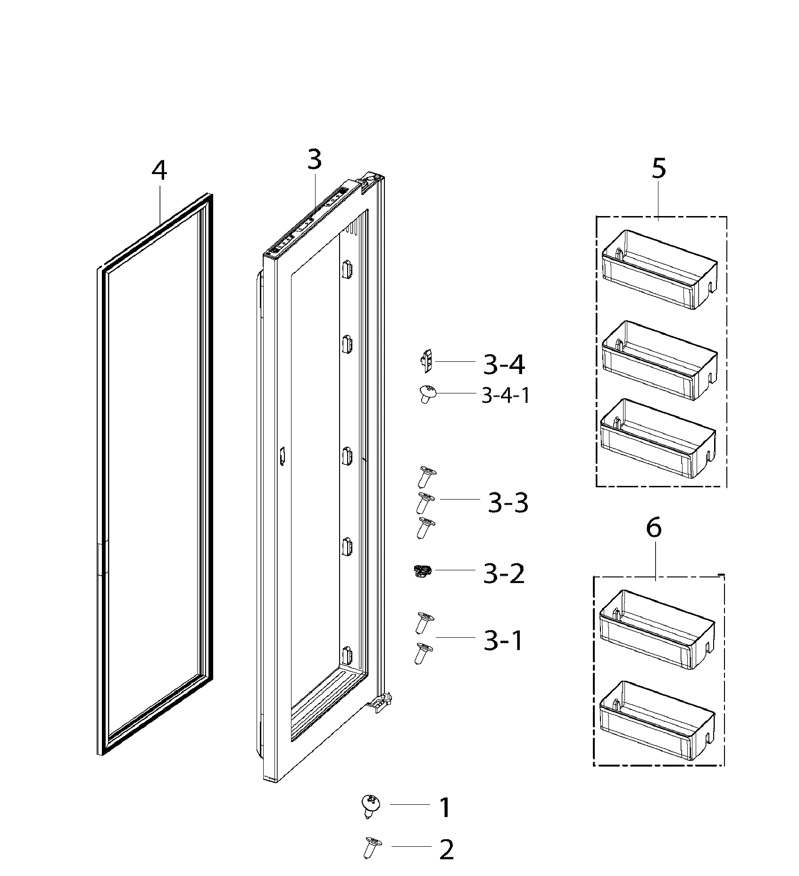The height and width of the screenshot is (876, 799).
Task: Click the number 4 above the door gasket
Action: pyautogui.click(x=159, y=171)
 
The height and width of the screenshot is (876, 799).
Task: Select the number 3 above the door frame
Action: pyautogui.click(x=315, y=159)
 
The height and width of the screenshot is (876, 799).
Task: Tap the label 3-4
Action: pyautogui.click(x=504, y=365)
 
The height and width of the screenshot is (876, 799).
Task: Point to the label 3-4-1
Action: pyautogui.click(x=505, y=395)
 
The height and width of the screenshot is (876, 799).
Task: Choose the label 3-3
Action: pyautogui.click(x=508, y=503)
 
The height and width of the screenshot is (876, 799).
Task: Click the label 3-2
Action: pyautogui.click(x=504, y=574)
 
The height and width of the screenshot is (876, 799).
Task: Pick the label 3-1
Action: pyautogui.click(x=503, y=641)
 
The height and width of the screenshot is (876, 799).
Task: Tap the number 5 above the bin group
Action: pyautogui.click(x=659, y=168)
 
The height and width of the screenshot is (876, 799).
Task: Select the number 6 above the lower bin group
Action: pyautogui.click(x=654, y=528)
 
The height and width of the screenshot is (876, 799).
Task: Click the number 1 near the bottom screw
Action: pyautogui.click(x=445, y=808)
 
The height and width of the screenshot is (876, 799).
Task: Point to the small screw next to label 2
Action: pyautogui.click(x=372, y=848)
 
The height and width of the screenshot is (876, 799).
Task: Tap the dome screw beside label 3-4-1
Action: pyautogui.click(x=427, y=393)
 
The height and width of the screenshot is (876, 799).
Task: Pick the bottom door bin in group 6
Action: pyautogui.click(x=657, y=720)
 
